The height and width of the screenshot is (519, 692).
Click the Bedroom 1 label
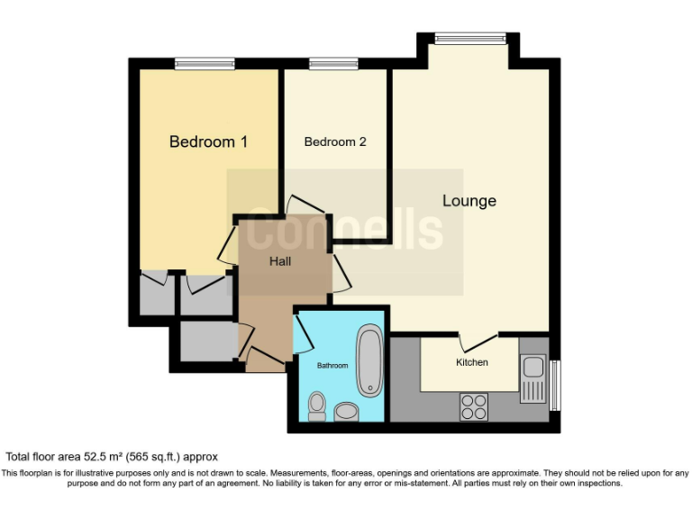(208, 141)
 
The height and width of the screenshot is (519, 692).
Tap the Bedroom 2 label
(335, 141)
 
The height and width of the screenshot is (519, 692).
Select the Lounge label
(469, 201)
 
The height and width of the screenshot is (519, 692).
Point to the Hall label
(280, 261)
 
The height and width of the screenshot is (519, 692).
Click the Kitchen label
(471, 362)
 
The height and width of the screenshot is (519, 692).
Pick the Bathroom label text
(332, 366)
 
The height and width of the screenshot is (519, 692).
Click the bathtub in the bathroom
(369, 360)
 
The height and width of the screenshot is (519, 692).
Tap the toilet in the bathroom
(316, 406)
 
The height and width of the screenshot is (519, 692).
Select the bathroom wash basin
(346, 412)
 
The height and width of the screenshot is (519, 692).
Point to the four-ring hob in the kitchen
(474, 406)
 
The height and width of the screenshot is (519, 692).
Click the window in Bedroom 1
(205, 63)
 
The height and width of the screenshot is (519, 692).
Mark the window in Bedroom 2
(322, 63)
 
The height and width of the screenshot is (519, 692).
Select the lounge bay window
(469, 38)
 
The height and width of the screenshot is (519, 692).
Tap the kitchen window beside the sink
(555, 385)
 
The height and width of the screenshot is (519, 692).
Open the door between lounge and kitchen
(478, 341)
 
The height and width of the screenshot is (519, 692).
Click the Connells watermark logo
(344, 232)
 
